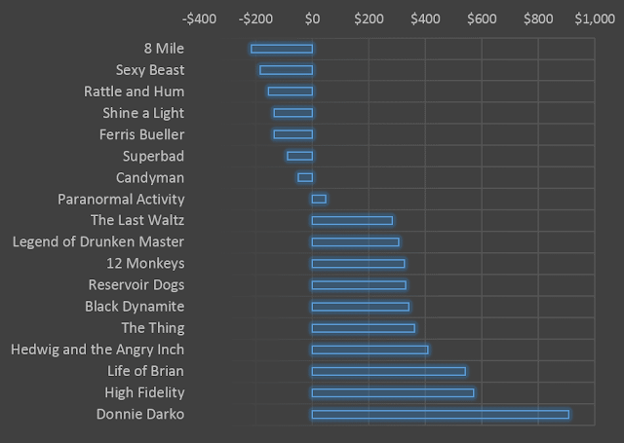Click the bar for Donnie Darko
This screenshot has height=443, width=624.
tap(440, 415)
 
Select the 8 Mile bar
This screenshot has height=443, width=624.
tap(282, 49)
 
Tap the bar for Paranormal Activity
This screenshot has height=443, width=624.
tap(319, 199)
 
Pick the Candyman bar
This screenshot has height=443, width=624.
tap(305, 177)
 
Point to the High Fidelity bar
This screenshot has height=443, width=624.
tap(393, 393)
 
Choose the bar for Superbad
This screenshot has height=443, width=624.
tap(299, 156)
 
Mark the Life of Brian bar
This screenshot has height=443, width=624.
tap(389, 372)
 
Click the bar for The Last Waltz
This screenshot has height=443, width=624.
tap(352, 220)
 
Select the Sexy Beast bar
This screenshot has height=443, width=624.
tap(286, 70)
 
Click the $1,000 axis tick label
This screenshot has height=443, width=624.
tap(595, 18)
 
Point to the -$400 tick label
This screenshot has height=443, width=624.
tap(199, 18)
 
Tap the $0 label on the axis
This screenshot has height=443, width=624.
tap(312, 18)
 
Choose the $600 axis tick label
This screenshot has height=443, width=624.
tap(482, 18)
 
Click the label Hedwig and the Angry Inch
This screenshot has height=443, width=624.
tap(97, 350)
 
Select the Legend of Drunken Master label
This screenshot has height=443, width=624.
tap(98, 242)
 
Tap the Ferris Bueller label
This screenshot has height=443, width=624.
tap(141, 134)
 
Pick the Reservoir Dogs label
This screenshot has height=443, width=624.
tap(136, 285)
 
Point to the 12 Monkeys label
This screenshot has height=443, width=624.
tap(145, 264)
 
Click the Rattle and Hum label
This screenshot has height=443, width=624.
tap(135, 92)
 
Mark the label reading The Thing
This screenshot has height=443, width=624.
tap(153, 328)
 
